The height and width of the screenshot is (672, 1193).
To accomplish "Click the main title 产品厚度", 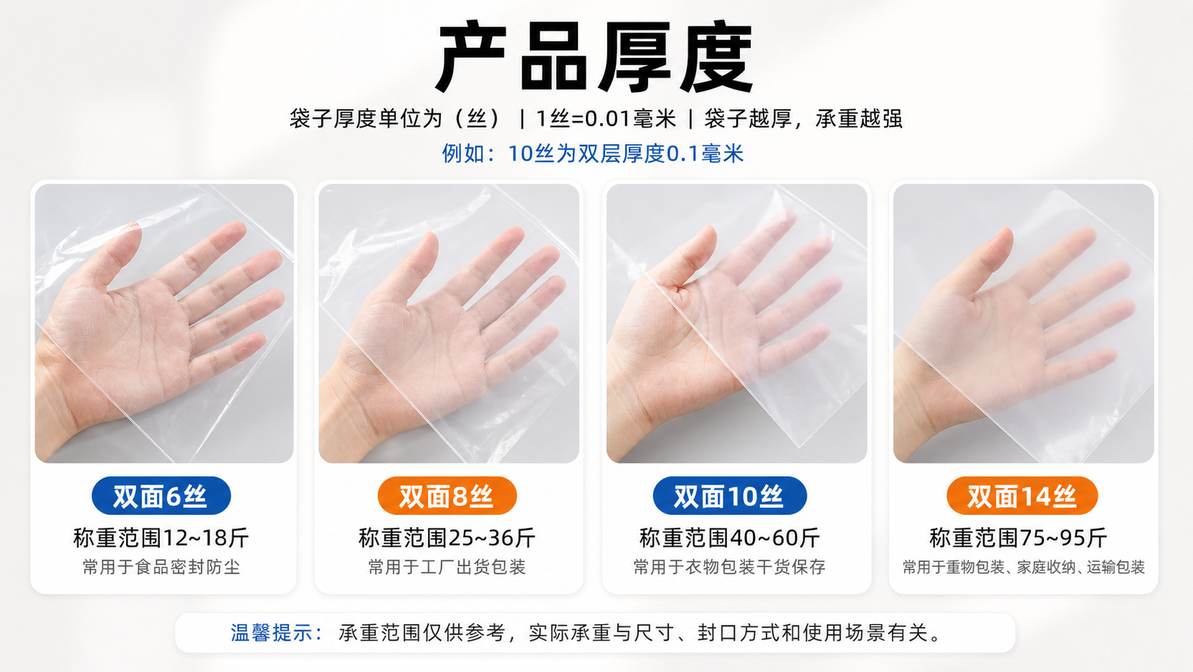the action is click(x=596, y=56).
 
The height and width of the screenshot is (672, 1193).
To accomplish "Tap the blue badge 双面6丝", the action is click(x=161, y=496).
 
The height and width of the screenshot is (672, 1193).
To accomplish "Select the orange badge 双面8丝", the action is click(x=447, y=496).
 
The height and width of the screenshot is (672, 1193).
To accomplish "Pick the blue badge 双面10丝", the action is click(x=730, y=496).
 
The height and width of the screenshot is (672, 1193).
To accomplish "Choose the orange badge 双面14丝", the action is click(x=1022, y=496).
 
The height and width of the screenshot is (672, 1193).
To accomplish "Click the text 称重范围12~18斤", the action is click(x=161, y=538).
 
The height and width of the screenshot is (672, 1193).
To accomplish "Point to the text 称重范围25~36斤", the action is click(x=447, y=538).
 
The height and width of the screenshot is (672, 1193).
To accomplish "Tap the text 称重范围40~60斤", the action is click(x=730, y=538).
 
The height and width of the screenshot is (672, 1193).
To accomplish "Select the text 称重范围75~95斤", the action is click(x=1018, y=538).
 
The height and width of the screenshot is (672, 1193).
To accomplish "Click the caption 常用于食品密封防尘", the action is click(x=161, y=567).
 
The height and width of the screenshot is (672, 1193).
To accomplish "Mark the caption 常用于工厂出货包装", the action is click(x=447, y=567).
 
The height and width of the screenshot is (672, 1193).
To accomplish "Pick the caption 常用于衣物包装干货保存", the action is click(x=730, y=567).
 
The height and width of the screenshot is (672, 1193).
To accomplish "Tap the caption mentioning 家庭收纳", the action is click(x=1024, y=567).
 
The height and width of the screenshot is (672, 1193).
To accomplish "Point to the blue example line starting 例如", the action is click(x=593, y=154).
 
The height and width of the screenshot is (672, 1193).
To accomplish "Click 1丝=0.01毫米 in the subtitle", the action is click(x=606, y=119).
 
